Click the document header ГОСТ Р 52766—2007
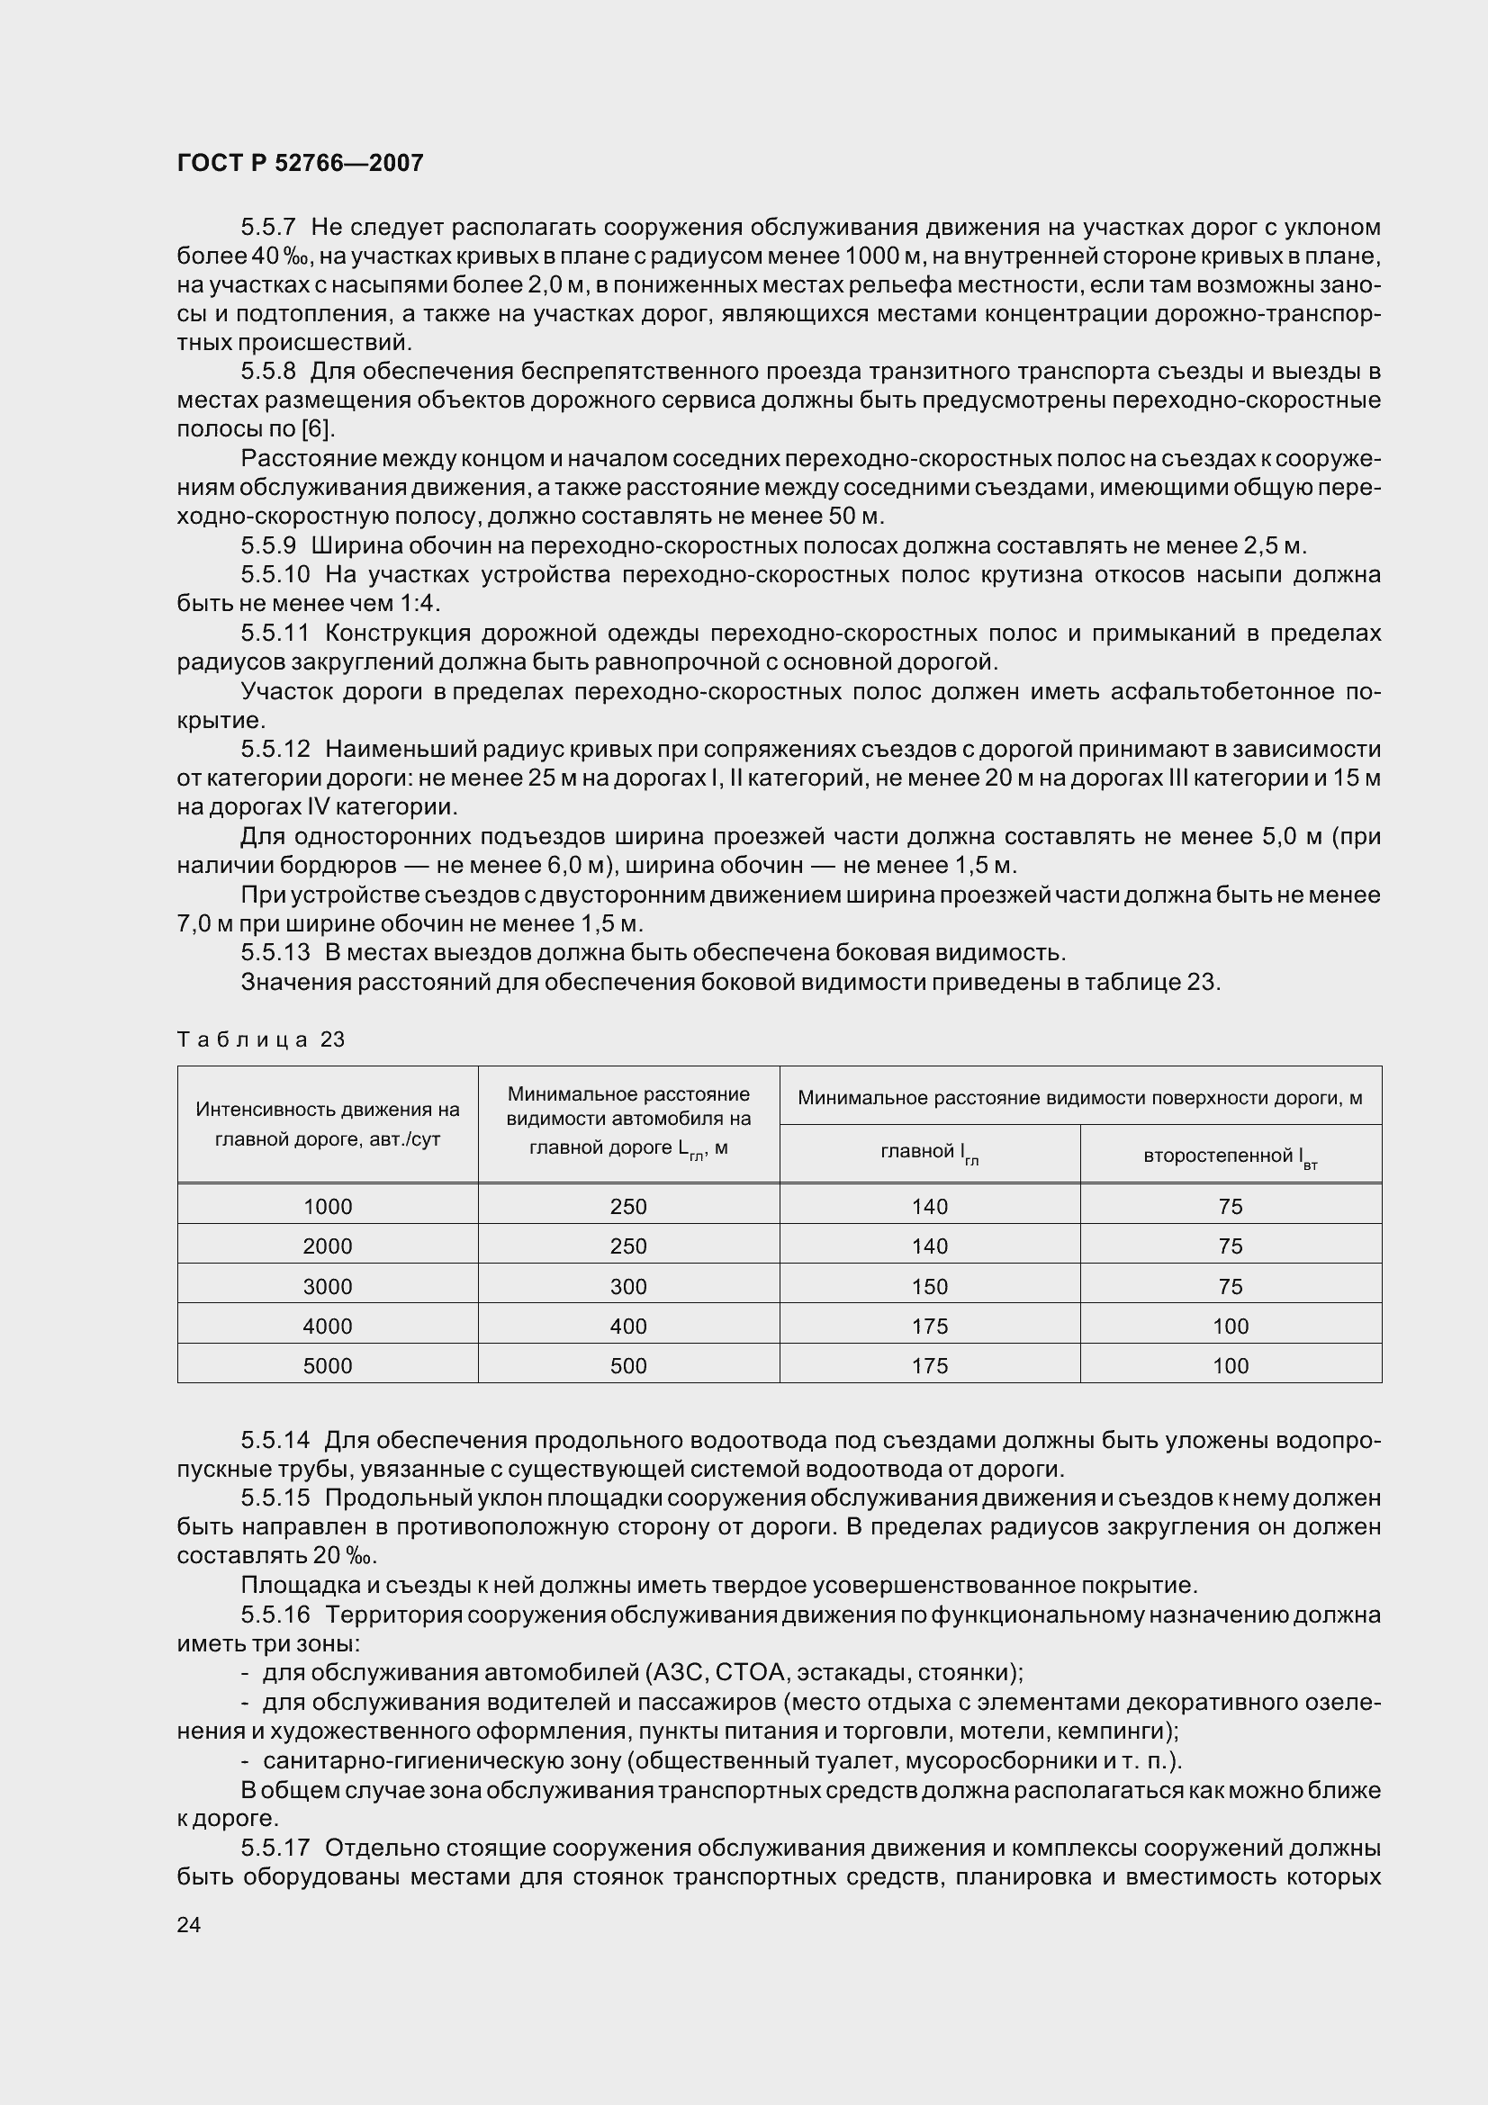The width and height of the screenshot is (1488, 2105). pyautogui.click(x=300, y=163)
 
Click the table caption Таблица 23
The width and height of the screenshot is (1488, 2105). pyautogui.click(x=260, y=1039)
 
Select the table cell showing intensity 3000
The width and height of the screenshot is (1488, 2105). pyautogui.click(x=328, y=1286)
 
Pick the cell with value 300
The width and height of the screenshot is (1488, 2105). pyautogui.click(x=628, y=1286)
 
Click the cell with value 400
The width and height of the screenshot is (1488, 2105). pyautogui.click(x=628, y=1326)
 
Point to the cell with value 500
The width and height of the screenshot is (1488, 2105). pyautogui.click(x=628, y=1366)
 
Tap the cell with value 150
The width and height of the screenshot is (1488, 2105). pyautogui.click(x=930, y=1286)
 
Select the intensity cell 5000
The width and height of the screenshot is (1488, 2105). pyautogui.click(x=328, y=1366)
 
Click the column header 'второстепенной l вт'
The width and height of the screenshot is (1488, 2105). pyautogui.click(x=1231, y=1156)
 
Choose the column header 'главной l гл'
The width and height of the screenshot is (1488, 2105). pyautogui.click(x=930, y=1154)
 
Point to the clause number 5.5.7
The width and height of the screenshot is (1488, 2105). pyautogui.click(x=268, y=227)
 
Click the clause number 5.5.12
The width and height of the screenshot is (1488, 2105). pyautogui.click(x=276, y=749)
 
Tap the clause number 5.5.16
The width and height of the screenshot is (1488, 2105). pyautogui.click(x=276, y=1615)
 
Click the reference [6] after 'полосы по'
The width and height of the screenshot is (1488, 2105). pyautogui.click(x=317, y=429)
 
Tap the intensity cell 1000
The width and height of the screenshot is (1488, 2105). pyautogui.click(x=328, y=1207)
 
